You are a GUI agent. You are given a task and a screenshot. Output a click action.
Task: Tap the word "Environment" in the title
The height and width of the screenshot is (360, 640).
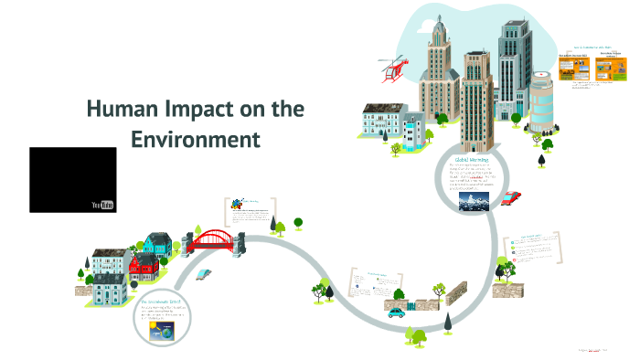coord(196,140)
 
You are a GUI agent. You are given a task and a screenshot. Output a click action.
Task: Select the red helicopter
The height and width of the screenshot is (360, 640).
coord(393,69)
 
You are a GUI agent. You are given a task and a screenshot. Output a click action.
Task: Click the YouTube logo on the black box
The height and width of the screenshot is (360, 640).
coord(103,204)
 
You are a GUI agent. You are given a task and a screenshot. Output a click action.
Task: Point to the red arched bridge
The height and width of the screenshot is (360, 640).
coord(217,240)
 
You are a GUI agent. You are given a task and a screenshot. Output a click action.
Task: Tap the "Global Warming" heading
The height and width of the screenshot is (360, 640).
coord(474,159)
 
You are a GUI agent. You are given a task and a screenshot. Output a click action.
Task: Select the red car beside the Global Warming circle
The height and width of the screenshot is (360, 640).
coord(512,196)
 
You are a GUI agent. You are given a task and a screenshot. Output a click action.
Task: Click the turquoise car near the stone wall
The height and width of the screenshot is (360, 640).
coord(396,312)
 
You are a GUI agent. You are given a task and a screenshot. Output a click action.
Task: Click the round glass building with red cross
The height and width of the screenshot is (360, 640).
coord(542,101)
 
